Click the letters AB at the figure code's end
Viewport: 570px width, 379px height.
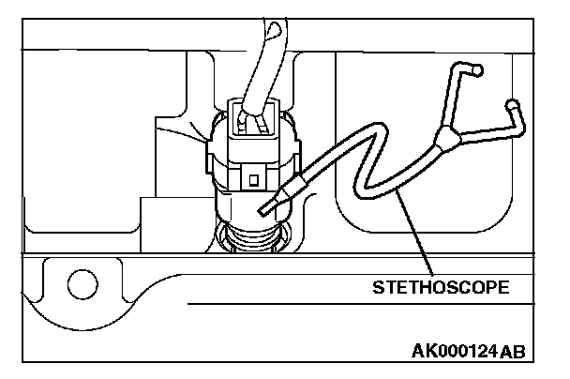click(x=513, y=352)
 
